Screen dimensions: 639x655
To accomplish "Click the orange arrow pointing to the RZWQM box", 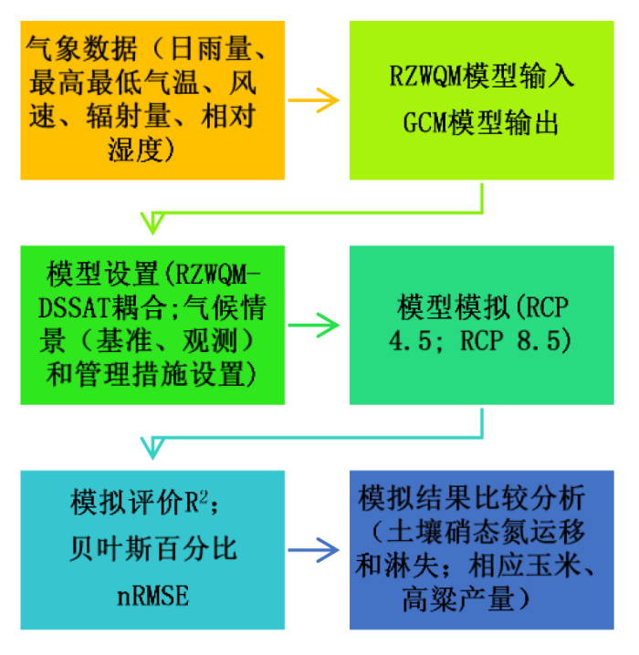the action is pyautogui.click(x=313, y=100).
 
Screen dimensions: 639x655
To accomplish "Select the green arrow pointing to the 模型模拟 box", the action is pyautogui.click(x=313, y=325).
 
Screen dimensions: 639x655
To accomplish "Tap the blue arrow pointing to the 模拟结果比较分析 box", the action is pyautogui.click(x=313, y=550).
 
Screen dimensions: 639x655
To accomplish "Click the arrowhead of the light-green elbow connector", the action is pyautogui.click(x=152, y=224).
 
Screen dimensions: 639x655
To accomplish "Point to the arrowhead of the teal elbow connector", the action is pyautogui.click(x=152, y=448).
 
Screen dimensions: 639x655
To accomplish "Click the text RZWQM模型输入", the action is pyautogui.click(x=481, y=76).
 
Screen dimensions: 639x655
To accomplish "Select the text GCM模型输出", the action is pyautogui.click(x=480, y=123).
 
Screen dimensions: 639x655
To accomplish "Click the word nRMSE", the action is pyautogui.click(x=153, y=596).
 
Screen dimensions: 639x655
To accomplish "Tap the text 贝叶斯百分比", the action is pyautogui.click(x=153, y=548).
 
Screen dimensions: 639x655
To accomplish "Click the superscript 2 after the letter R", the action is pyautogui.click(x=204, y=496).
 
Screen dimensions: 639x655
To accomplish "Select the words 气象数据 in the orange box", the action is pyautogui.click(x=82, y=49).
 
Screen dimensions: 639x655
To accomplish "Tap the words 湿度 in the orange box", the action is pyautogui.click(x=135, y=149).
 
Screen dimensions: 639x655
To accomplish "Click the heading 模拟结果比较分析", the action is pyautogui.click(x=472, y=498).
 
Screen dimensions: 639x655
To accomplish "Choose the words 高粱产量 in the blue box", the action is pyautogui.click(x=458, y=599).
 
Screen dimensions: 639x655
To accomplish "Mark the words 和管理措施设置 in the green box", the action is pyautogui.click(x=145, y=374).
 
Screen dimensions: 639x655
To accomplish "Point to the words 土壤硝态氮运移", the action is pyautogui.click(x=486, y=532).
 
